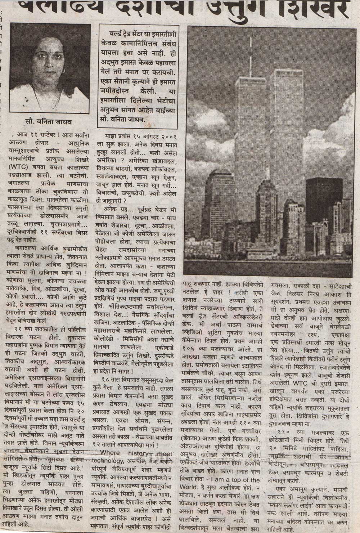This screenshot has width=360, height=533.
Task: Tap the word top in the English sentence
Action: coord(246,480)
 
